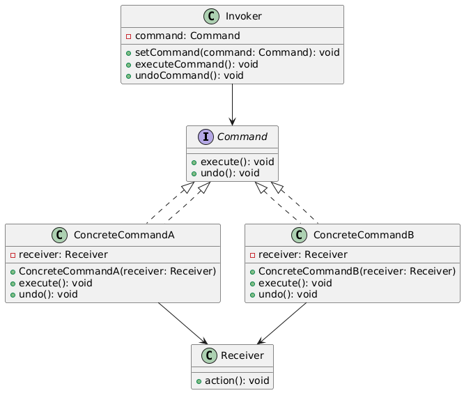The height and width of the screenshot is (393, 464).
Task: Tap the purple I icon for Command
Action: pos(201,137)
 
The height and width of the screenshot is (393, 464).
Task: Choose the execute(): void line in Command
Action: pos(234,162)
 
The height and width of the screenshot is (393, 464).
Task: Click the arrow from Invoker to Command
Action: pos(233,105)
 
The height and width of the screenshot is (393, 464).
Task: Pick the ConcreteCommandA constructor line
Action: pos(114,272)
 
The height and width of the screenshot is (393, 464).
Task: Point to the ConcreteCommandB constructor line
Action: pos(353,272)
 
